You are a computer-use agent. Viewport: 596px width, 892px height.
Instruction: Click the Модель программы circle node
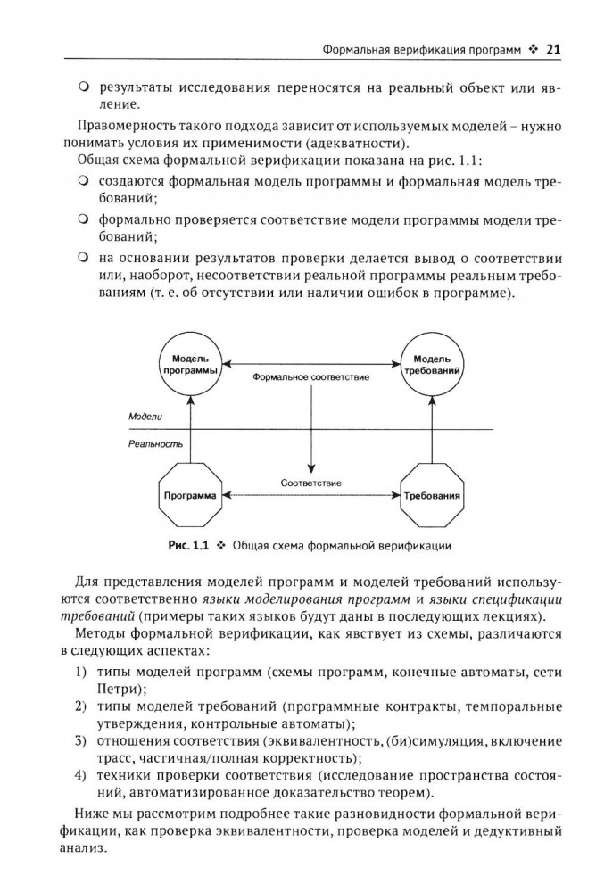(192, 364)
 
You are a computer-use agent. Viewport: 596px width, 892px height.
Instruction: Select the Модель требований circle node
(433, 364)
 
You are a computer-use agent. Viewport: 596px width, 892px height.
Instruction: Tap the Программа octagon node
(191, 495)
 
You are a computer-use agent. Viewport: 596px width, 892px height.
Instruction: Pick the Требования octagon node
(433, 495)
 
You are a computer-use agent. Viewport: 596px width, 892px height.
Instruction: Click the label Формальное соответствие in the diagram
(311, 377)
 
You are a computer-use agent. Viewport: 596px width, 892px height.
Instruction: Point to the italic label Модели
(145, 417)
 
